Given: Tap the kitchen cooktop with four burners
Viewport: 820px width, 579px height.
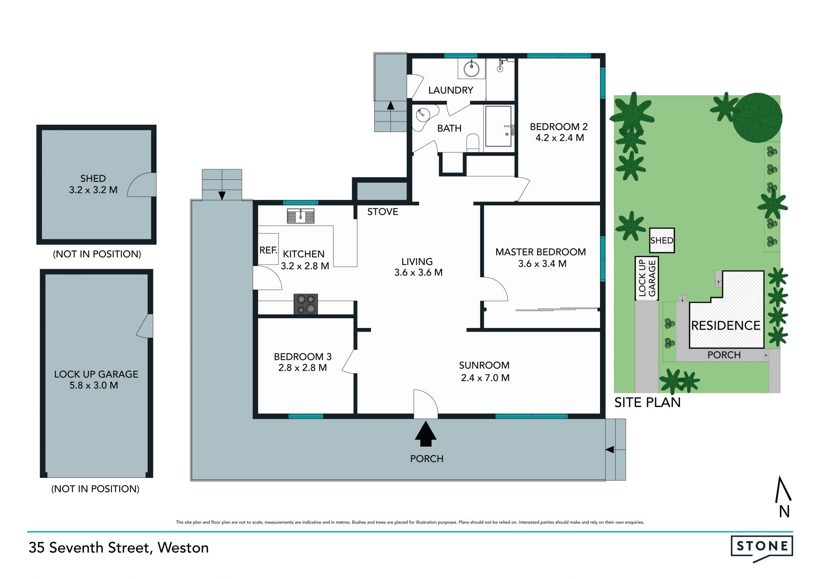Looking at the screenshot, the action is click(306, 304).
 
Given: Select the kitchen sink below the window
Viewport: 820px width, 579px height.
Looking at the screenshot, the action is click(301, 216).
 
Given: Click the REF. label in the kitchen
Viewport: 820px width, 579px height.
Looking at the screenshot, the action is click(268, 250).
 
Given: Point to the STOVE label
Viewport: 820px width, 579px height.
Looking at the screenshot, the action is click(383, 212).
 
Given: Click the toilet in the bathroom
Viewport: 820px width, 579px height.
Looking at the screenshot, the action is click(473, 142).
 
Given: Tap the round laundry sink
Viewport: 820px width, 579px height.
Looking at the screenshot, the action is click(471, 68).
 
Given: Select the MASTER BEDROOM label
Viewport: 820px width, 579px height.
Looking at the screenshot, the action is click(540, 252).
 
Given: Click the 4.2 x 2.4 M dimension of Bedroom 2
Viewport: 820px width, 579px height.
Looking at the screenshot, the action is click(559, 138).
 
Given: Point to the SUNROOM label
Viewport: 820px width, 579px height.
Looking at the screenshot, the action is click(484, 365).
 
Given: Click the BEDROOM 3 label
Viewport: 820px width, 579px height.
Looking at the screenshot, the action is click(302, 357).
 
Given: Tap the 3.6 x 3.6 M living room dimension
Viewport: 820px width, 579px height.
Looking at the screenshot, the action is click(419, 273).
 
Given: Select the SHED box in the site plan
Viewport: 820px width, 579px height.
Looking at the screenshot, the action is click(662, 240).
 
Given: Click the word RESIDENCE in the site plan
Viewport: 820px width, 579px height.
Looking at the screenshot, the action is click(726, 326).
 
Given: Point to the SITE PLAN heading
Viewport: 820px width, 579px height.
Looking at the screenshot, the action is click(647, 402).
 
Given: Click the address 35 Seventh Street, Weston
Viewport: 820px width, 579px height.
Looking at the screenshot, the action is click(119, 548).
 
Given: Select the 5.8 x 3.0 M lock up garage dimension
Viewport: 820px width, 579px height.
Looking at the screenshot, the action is click(94, 385).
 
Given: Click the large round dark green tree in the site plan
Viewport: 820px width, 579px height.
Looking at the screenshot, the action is click(757, 117).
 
